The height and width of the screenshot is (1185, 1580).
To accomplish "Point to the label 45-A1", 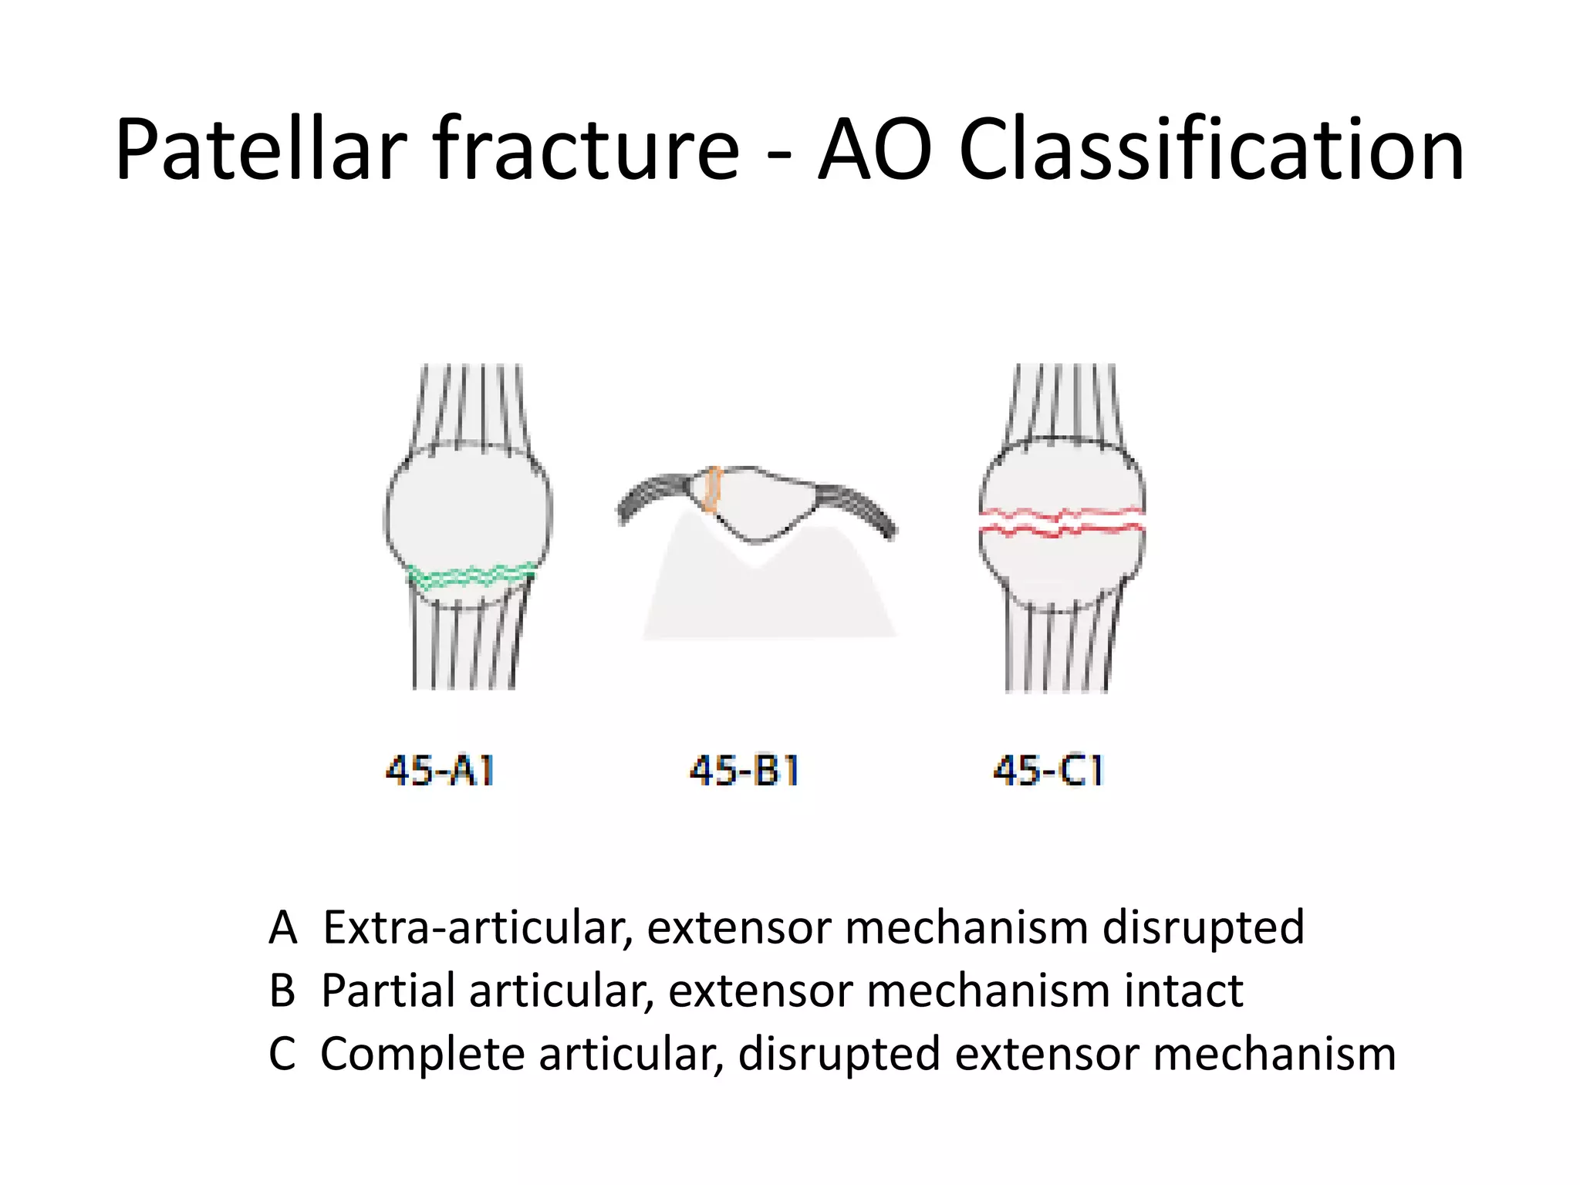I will (440, 770).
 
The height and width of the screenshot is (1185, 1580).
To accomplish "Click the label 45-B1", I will (744, 770).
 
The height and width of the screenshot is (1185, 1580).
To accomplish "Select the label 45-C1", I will (1048, 770).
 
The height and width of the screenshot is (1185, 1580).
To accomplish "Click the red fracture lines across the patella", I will (1061, 522).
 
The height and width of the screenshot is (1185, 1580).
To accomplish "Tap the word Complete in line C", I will (422, 1054).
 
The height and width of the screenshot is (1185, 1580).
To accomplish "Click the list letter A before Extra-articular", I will (282, 927).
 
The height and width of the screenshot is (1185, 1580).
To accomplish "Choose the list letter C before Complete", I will (282, 1054).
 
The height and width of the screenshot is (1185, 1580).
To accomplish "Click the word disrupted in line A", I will (1203, 927).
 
